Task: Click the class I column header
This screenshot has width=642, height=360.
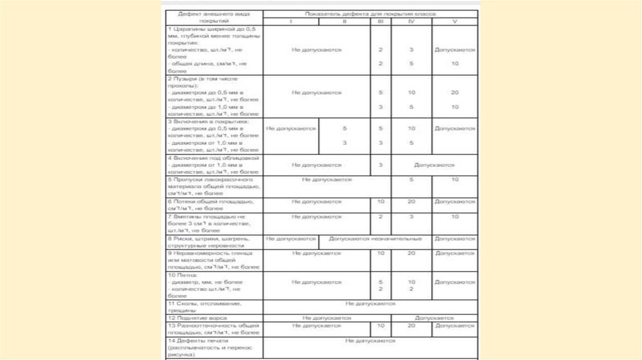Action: click(290, 21)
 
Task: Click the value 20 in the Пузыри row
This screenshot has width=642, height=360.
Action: click(454, 92)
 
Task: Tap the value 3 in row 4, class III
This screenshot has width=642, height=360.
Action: click(381, 164)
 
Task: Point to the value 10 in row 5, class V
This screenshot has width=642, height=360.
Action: click(454, 179)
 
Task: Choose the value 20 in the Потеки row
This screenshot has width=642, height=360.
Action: click(411, 201)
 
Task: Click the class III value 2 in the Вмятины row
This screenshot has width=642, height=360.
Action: click(381, 216)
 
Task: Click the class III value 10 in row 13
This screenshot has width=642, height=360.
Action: click(381, 326)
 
